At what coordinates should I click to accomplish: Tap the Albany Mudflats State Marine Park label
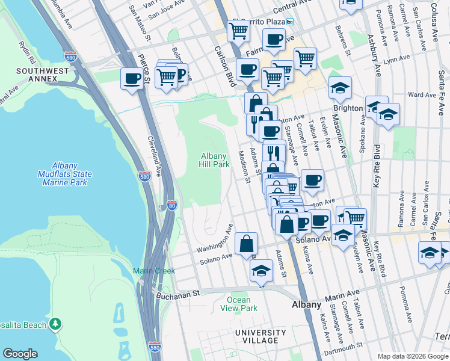tap(72, 174)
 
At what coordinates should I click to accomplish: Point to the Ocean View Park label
tap(242, 304)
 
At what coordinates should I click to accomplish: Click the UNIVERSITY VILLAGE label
tap(260, 337)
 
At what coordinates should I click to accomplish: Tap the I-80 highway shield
tap(172, 205)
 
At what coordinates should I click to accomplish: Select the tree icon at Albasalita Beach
tap(55, 324)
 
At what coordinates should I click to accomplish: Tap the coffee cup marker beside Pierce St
tap(132, 78)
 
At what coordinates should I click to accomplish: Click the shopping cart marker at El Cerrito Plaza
tap(239, 30)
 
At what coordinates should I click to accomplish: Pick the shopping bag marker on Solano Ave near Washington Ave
tap(247, 244)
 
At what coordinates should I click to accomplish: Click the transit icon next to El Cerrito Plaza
tap(289, 21)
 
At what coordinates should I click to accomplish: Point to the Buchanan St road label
tap(178, 295)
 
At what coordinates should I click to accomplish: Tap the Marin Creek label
tap(154, 271)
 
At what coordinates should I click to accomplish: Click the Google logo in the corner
tap(20, 353)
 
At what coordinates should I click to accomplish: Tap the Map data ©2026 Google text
tap(412, 356)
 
